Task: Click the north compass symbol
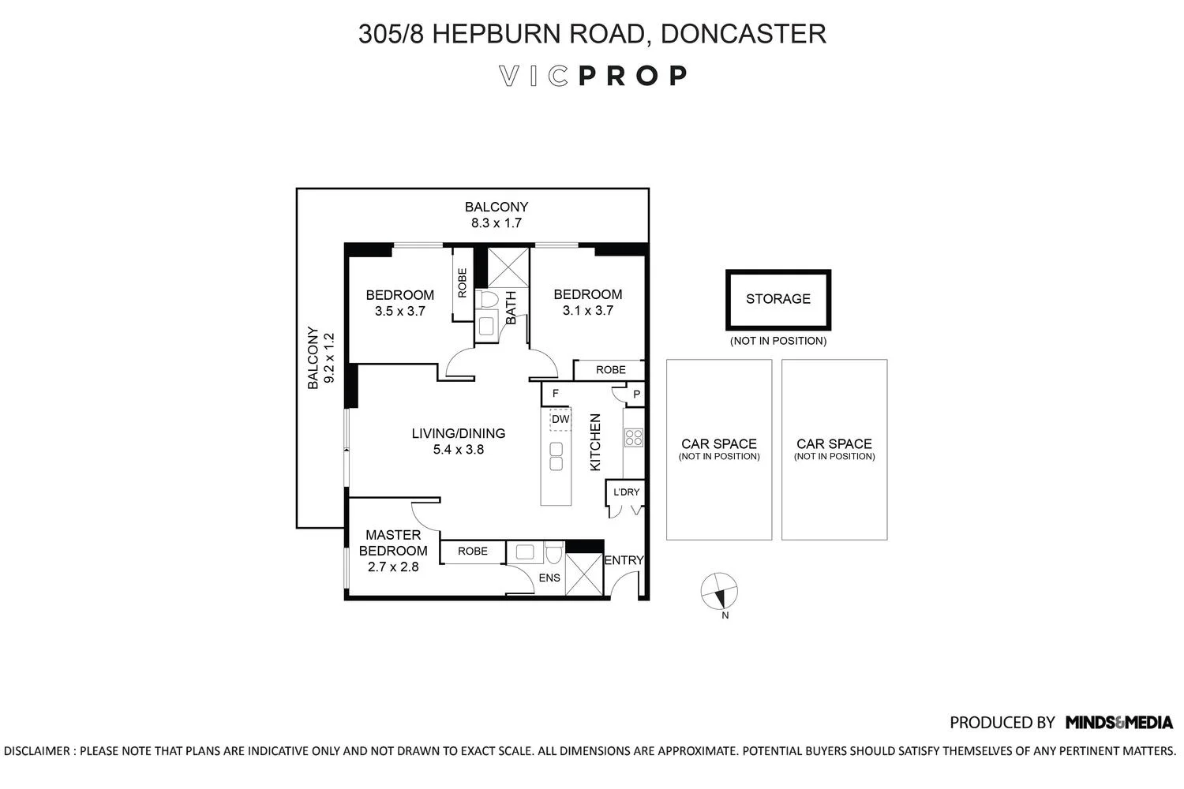[719, 591]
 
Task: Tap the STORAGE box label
[778, 299]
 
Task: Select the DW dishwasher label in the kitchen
[560, 420]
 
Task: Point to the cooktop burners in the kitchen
[634, 438]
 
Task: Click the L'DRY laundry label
[627, 492]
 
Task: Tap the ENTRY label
[624, 560]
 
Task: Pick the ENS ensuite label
[549, 578]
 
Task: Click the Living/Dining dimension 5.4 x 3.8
[459, 450]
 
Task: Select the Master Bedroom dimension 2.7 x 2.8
[393, 567]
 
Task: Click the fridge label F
[556, 393]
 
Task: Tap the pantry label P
[636, 394]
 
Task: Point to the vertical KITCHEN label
[595, 443]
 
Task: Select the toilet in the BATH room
[488, 299]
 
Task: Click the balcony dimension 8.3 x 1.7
[496, 223]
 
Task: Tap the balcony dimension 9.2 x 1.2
[329, 357]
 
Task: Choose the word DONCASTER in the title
[744, 34]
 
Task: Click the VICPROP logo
[593, 76]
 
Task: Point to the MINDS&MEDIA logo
[1119, 723]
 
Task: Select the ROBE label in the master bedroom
[473, 552]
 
